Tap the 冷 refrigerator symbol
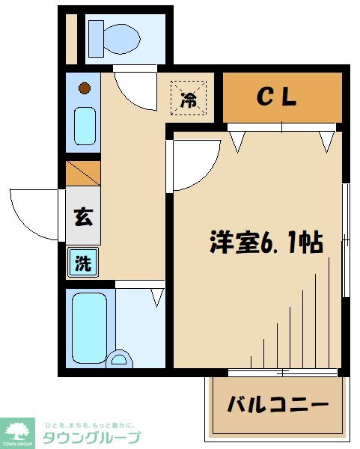190,98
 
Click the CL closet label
278,97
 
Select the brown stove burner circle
85,88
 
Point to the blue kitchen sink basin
85,125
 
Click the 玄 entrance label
83,219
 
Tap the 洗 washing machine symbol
83,263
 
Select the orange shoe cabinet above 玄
83,174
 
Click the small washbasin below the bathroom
118,359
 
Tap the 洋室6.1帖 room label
266,243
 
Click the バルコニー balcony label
278,405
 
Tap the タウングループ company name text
91,437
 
